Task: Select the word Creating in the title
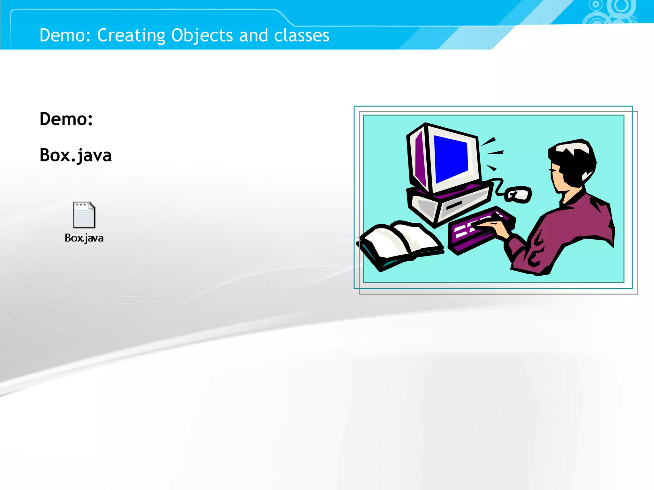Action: click(x=131, y=35)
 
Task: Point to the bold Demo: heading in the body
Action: click(x=66, y=119)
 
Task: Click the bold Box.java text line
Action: click(x=75, y=156)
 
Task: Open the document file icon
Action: click(x=84, y=215)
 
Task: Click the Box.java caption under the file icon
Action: click(x=84, y=238)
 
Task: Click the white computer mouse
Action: click(x=519, y=194)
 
